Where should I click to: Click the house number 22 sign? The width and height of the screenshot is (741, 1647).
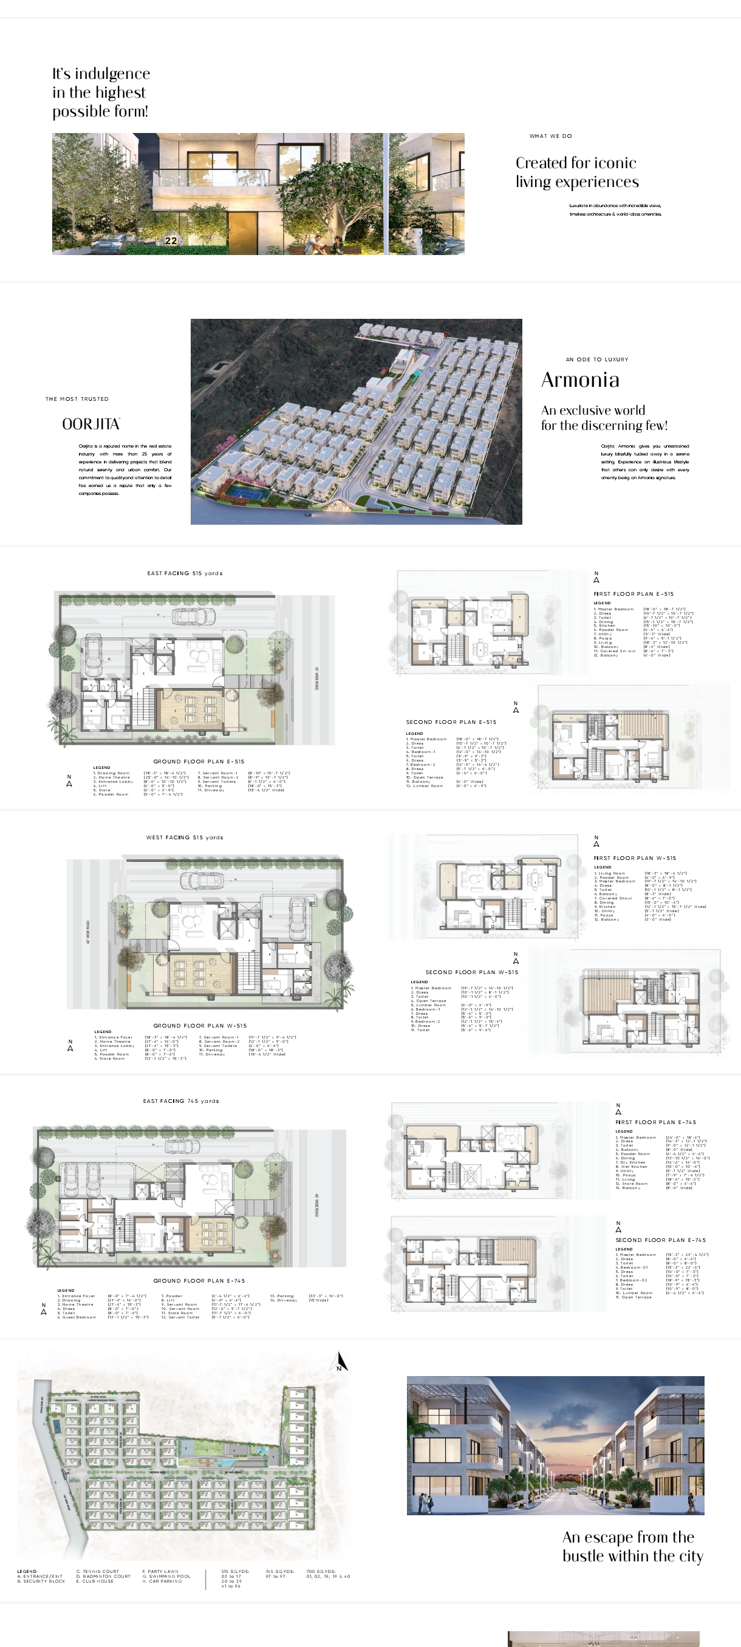171,240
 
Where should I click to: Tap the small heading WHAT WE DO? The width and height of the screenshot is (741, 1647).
550,136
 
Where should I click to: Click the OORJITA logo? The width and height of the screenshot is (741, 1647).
90,424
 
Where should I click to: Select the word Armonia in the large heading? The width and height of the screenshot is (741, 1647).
580,380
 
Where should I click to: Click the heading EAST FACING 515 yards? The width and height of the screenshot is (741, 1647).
185,573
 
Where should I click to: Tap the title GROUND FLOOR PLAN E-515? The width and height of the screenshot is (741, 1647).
198,762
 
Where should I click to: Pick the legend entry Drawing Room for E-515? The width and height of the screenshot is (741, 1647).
114,773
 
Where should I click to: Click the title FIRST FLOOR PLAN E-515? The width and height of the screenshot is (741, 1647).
633,594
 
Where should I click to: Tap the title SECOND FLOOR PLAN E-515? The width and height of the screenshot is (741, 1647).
451,722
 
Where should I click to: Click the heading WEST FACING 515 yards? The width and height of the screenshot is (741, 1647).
184,837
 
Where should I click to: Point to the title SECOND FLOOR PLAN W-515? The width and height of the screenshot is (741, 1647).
472,972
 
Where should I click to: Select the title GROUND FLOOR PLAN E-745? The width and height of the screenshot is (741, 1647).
199,1281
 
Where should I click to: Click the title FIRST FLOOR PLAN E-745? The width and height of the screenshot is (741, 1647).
655,1122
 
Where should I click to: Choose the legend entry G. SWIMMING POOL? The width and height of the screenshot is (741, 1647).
166,1576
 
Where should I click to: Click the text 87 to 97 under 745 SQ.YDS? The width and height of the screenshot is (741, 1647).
276,1576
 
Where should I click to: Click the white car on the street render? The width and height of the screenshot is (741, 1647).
573,1492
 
